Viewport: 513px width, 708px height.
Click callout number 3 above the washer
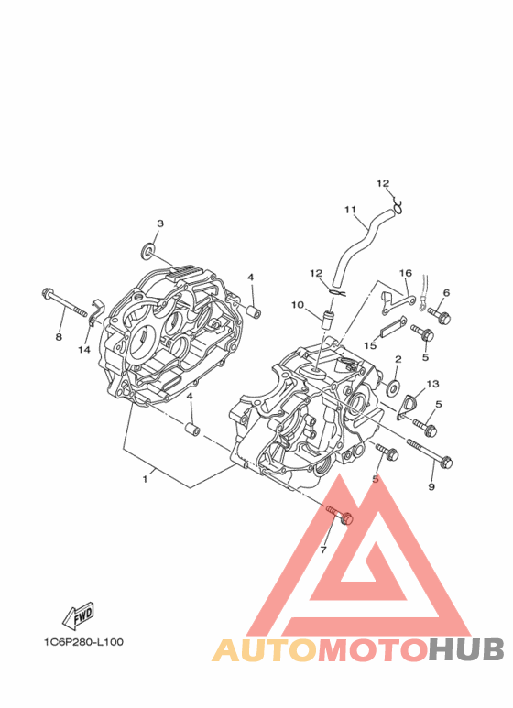(160, 223)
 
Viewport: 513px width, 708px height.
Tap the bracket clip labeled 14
(96, 312)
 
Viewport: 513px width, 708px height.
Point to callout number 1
(145, 479)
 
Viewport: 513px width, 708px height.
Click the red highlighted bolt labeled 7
(340, 515)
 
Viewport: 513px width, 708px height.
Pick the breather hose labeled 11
(361, 247)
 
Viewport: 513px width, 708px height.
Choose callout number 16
(406, 273)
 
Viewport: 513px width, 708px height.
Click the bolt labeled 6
(439, 315)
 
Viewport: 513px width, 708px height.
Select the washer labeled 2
(394, 387)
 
